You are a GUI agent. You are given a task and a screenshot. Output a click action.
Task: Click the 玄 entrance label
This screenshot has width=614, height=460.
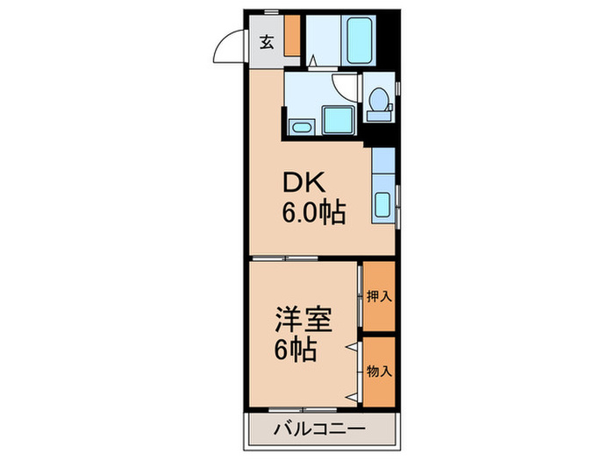266,41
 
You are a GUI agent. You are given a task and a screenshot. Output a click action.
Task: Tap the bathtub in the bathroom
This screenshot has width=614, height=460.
359,40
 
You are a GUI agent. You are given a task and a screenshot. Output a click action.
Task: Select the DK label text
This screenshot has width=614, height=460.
303,183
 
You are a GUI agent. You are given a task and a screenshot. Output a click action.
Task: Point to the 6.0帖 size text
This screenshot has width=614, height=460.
313,212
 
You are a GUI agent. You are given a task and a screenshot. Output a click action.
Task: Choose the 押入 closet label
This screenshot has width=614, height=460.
379,297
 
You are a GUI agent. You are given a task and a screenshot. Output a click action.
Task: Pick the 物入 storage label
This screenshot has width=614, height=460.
379,371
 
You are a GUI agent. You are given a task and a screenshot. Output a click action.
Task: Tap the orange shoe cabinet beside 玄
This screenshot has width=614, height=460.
291,35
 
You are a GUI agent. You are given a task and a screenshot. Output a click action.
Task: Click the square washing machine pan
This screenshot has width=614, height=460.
335,118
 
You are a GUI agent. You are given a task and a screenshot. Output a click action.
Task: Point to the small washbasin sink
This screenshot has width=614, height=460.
299,128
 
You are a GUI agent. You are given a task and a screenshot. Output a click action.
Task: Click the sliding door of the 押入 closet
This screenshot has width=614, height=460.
360,298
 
